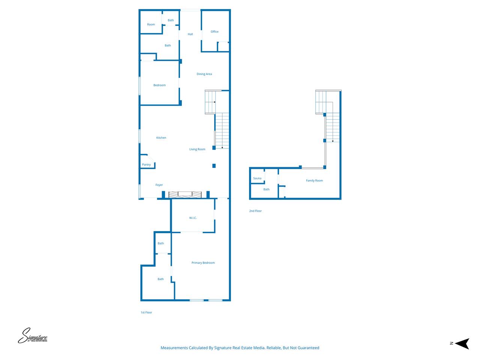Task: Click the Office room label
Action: [x=214, y=32]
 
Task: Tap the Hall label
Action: [x=190, y=34]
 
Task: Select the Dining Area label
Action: [x=204, y=74]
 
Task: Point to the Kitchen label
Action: [x=161, y=138]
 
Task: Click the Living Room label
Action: [x=197, y=149]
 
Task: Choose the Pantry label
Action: [x=146, y=165]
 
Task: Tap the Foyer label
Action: [x=159, y=185]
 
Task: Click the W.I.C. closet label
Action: [x=193, y=218]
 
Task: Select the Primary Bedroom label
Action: [x=203, y=263]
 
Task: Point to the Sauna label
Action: [x=257, y=178]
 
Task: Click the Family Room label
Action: [x=314, y=180]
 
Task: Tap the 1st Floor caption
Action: [x=146, y=312]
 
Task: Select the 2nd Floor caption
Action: [x=255, y=211]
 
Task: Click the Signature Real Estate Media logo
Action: [x=33, y=336]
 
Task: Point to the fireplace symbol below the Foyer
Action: [x=185, y=194]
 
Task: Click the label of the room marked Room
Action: [x=151, y=24]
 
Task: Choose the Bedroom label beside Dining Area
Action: [x=159, y=85]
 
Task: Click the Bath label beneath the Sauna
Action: [x=266, y=189]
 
